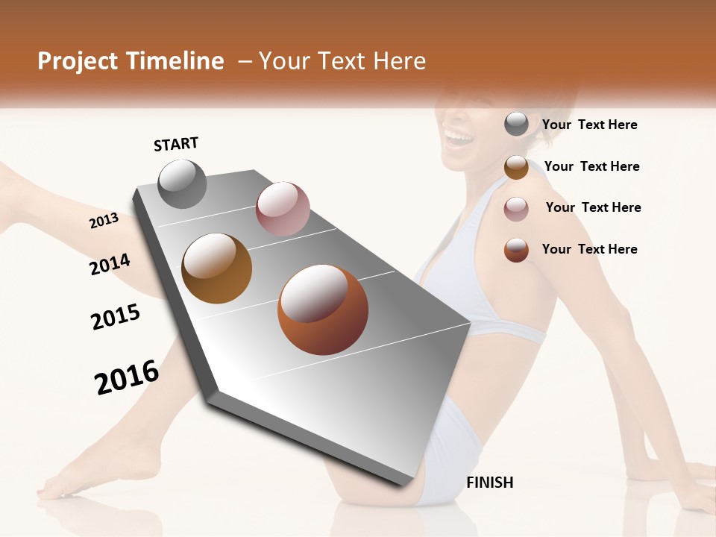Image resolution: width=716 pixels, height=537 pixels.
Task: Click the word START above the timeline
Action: pyautogui.click(x=176, y=144)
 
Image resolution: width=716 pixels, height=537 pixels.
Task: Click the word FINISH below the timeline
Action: pyautogui.click(x=489, y=483)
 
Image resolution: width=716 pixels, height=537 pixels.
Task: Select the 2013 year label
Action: pyautogui.click(x=104, y=221)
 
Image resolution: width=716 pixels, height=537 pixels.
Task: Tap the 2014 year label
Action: pyautogui.click(x=110, y=264)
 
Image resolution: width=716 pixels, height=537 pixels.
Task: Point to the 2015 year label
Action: pyautogui.click(x=116, y=316)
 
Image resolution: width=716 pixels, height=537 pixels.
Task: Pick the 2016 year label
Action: pyautogui.click(x=127, y=377)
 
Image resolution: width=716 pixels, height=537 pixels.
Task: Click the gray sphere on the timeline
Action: pyautogui.click(x=182, y=183)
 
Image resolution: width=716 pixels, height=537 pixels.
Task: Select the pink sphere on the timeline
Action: pyautogui.click(x=283, y=209)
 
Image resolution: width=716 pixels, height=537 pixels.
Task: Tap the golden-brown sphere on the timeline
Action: pyautogui.click(x=216, y=268)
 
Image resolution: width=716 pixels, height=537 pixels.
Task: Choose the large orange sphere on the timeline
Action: pyautogui.click(x=322, y=310)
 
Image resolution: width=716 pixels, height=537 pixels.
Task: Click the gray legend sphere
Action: pyautogui.click(x=516, y=125)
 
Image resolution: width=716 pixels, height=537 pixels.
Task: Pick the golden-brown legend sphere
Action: pyautogui.click(x=516, y=167)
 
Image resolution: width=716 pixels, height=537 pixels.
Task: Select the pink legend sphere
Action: pyautogui.click(x=516, y=208)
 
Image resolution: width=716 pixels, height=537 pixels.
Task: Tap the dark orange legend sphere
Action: pyautogui.click(x=516, y=250)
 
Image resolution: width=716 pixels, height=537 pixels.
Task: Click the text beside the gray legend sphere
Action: pyautogui.click(x=589, y=125)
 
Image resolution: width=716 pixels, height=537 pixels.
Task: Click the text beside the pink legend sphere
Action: pyautogui.click(x=593, y=207)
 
